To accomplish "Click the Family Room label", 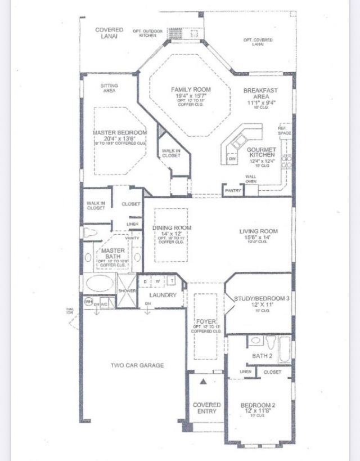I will pos(191,89).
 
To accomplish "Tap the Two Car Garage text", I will pos(137,365).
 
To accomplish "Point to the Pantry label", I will pos(233,190).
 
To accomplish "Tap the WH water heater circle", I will pos(87,302).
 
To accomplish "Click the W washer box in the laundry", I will pos(157,280).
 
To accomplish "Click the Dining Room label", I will pos(172,228).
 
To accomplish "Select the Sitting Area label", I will pos(109,88).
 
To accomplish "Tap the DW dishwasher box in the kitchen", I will pos(231,159).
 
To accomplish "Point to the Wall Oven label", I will pos(251,180).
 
